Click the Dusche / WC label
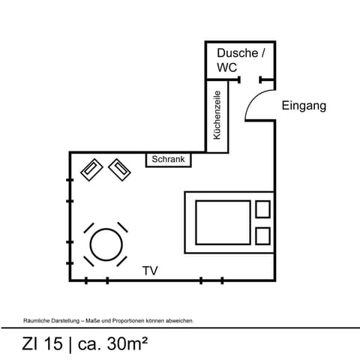[x=240, y=60]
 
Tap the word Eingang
[x=304, y=106]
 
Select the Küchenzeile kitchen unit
[x=217, y=115]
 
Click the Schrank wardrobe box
[x=168, y=160]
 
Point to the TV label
[x=150, y=270]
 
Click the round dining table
[x=105, y=244]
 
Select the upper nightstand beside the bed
[x=262, y=208]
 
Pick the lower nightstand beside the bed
[x=262, y=235]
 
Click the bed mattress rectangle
[x=222, y=222]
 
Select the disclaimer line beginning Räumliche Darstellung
[x=109, y=320]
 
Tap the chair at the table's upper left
[x=88, y=226]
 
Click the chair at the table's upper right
[x=122, y=226]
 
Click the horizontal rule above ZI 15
[x=180, y=328]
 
